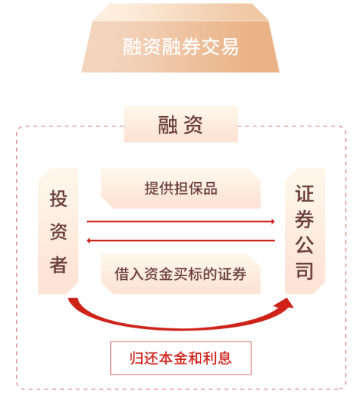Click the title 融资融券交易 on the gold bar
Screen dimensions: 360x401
[x=181, y=47]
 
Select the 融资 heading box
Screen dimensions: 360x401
[x=181, y=124]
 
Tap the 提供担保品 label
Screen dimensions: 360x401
[x=181, y=189]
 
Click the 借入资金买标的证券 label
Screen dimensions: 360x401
[x=181, y=274]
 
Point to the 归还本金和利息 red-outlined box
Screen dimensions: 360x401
[x=181, y=358]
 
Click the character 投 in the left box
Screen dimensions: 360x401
[x=58, y=198]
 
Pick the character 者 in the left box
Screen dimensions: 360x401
[x=58, y=264]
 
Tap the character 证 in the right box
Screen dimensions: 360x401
[x=304, y=194]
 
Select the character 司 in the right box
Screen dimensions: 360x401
[x=304, y=270]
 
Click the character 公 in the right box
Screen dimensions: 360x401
[x=304, y=245]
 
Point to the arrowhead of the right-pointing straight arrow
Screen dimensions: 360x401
[x=273, y=221]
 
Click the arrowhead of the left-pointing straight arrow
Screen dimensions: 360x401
[x=88, y=240]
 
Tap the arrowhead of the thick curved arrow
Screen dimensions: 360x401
[x=287, y=304]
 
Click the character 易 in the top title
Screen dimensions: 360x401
[x=229, y=47]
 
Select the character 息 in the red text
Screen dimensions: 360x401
[x=224, y=358]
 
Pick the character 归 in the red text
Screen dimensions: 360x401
[x=137, y=358]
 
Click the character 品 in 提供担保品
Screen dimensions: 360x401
[x=210, y=189]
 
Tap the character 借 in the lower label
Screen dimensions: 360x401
[x=122, y=274]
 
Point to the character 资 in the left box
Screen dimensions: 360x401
[x=58, y=231]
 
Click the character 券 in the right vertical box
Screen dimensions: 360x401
[x=304, y=219]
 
